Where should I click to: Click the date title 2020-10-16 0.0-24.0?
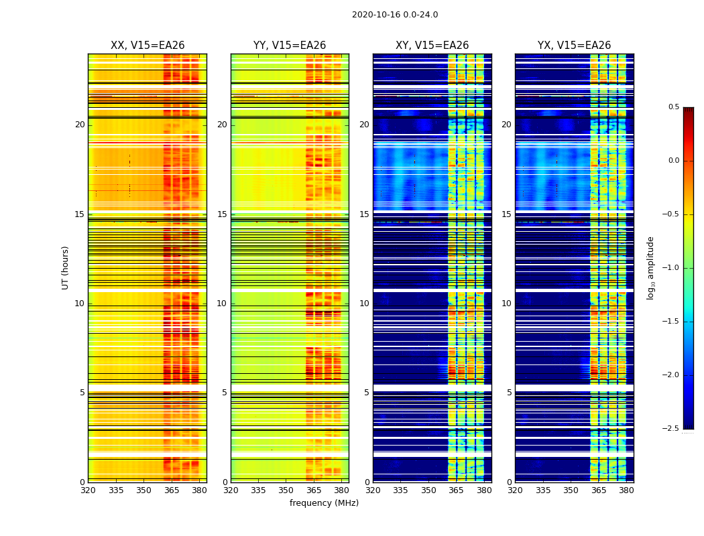(x=395, y=15)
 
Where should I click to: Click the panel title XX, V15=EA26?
(x=148, y=46)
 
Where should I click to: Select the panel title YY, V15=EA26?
(x=290, y=46)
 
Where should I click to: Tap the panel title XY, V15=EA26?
(x=432, y=46)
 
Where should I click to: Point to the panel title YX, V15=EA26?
(x=574, y=46)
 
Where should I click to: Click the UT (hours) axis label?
(x=65, y=267)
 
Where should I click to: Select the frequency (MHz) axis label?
(x=324, y=503)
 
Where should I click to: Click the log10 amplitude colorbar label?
(x=650, y=267)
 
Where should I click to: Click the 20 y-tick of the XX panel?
(x=80, y=125)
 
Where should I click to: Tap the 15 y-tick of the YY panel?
(x=222, y=214)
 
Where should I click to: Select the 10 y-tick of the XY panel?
(x=364, y=304)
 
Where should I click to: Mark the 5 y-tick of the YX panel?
(x=509, y=393)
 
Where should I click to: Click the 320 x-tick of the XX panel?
(x=88, y=490)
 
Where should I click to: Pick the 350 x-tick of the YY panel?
(x=286, y=490)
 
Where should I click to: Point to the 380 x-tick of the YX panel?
(x=626, y=490)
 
